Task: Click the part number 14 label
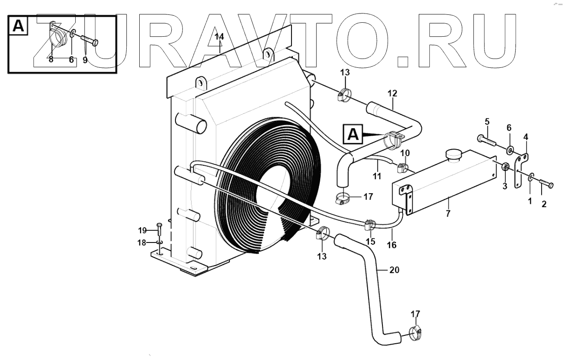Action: (x=220, y=36)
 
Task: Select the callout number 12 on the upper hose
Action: (x=392, y=93)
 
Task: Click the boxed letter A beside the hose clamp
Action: (x=353, y=135)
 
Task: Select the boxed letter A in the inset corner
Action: (x=18, y=26)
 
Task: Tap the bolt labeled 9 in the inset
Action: (x=90, y=41)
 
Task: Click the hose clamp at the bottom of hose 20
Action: (x=415, y=333)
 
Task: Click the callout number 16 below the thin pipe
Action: (x=392, y=244)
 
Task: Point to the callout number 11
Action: (x=376, y=177)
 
